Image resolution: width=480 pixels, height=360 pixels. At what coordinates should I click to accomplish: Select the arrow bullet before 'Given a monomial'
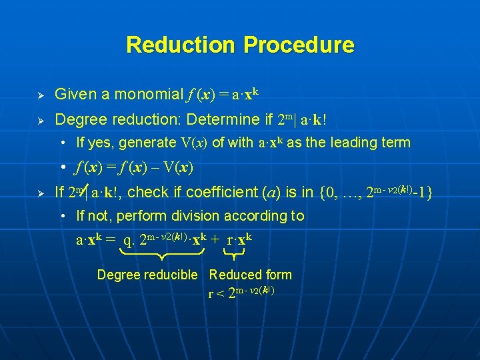tap(40, 95)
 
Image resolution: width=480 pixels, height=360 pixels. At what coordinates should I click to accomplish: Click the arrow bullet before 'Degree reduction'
tap(40, 121)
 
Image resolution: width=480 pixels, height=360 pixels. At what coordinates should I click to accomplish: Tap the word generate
tap(149, 142)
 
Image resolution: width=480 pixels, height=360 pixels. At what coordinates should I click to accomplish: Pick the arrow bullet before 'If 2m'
tap(40, 193)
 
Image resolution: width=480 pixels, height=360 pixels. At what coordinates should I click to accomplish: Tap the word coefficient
tap(213, 193)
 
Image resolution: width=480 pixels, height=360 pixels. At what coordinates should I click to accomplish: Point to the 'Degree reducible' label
tap(147, 275)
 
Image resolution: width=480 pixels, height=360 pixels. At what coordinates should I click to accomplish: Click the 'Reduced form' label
tap(251, 275)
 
